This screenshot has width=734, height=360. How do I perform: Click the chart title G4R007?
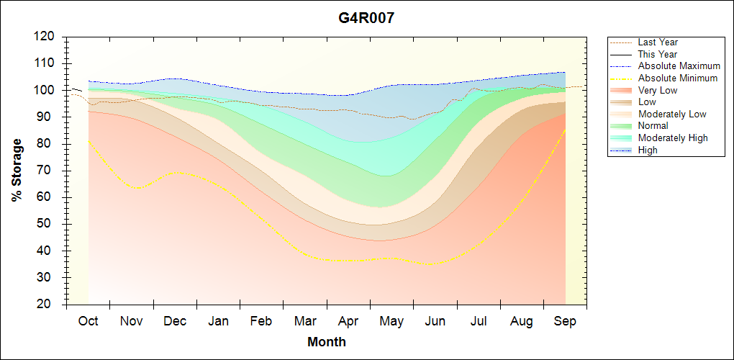(366, 17)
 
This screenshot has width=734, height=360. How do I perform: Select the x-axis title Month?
(327, 342)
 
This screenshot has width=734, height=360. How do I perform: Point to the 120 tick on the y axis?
(45, 36)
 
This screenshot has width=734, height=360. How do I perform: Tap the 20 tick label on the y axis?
(48, 305)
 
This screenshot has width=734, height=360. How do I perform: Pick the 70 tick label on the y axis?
(48, 170)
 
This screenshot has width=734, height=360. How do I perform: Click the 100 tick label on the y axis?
(45, 90)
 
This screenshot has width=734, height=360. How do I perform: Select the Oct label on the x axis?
(89, 321)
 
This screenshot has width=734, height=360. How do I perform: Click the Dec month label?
(175, 321)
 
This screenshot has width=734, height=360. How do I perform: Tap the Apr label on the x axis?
(348, 321)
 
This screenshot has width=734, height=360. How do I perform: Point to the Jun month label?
(435, 321)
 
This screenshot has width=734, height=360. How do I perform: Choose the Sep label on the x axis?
(565, 321)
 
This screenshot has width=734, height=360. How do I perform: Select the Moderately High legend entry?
(673, 138)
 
